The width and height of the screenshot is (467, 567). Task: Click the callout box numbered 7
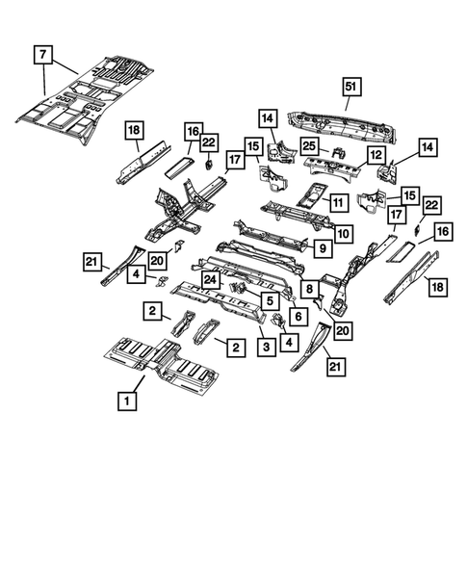44,55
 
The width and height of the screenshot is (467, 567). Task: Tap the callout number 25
308,145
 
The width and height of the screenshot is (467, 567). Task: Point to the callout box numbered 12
376,154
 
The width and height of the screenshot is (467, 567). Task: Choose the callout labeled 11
337,203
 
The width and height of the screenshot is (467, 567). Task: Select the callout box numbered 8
307,288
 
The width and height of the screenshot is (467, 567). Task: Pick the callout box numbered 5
270,298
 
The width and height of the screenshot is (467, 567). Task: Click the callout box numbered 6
298,315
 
